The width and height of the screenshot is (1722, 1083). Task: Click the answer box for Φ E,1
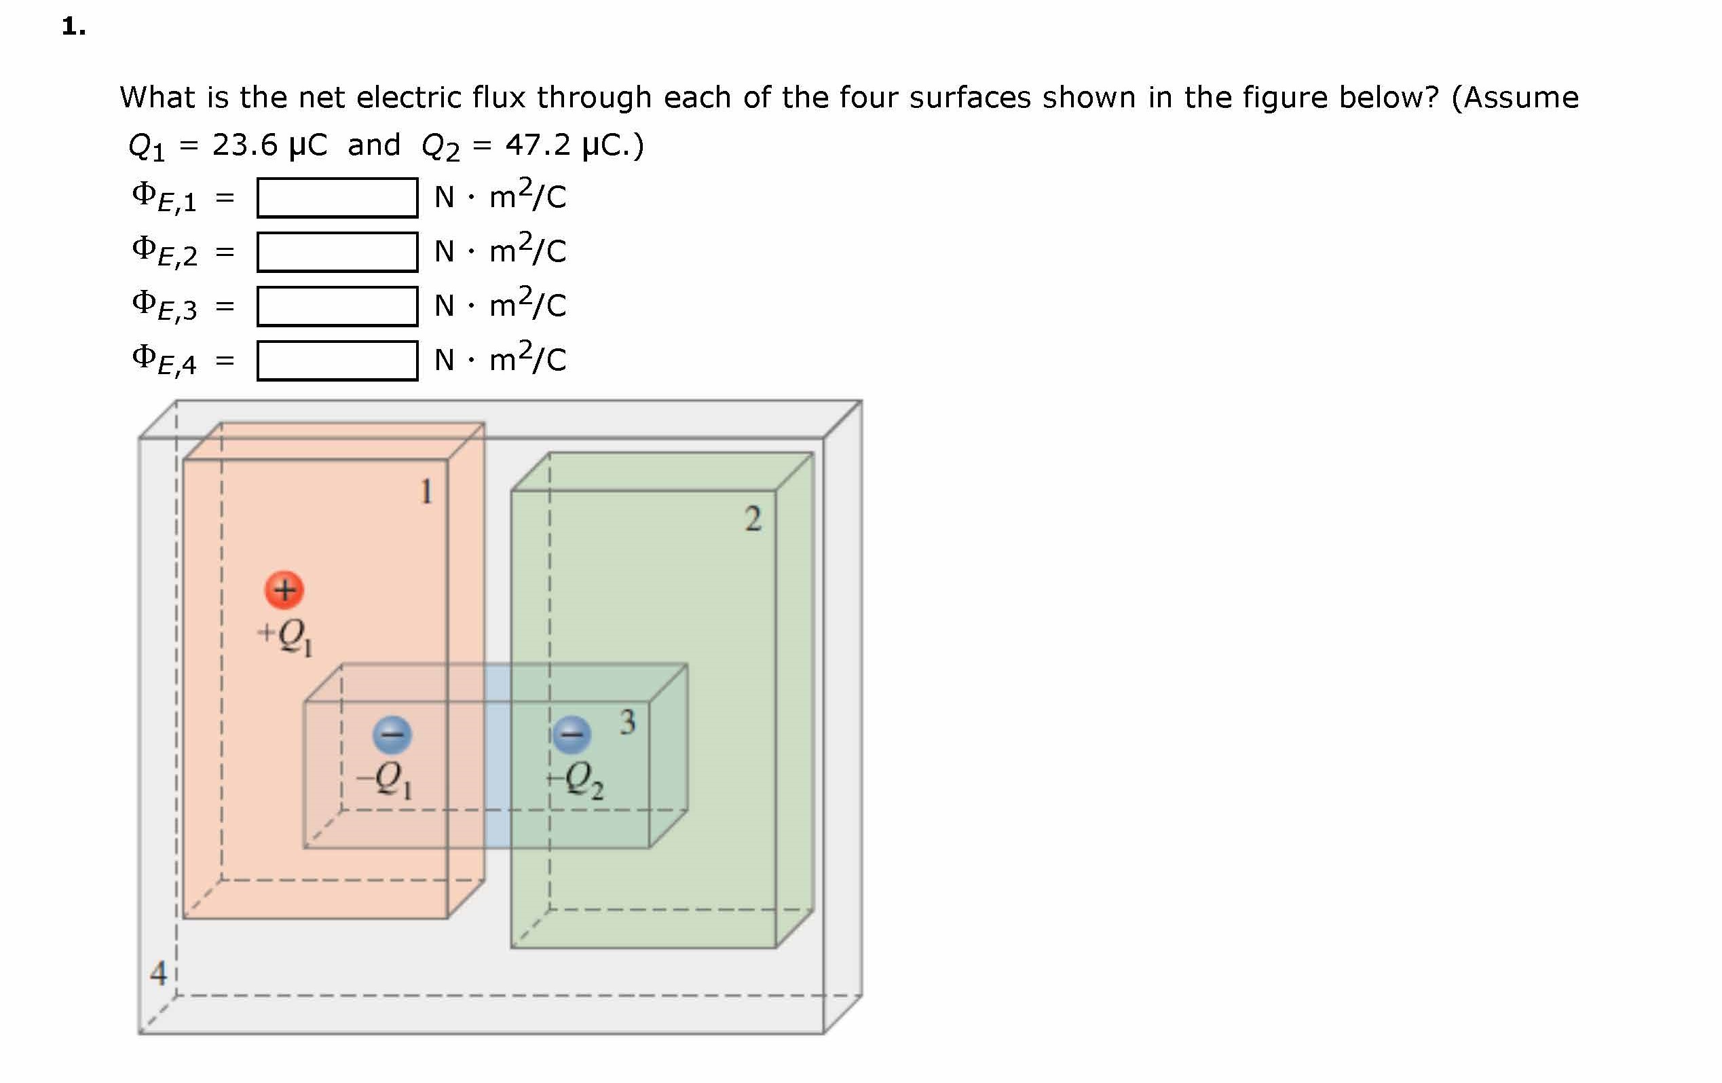pos(337,198)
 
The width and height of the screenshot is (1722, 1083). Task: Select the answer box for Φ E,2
pos(337,252)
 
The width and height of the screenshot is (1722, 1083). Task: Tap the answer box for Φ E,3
pos(337,306)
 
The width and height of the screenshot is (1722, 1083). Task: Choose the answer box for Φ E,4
pos(337,361)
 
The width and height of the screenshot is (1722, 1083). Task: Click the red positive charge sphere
pos(284,589)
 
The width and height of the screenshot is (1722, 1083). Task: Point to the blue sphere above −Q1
pos(392,735)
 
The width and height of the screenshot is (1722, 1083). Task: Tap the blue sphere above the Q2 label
pos(572,735)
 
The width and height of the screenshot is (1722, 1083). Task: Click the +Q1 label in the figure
pos(285,636)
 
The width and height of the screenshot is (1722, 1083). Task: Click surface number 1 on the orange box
pos(426,492)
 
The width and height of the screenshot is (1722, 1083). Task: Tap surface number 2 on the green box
pos(752,519)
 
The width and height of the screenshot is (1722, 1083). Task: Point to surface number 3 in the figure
pos(627,722)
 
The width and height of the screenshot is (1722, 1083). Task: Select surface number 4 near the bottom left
pos(158,973)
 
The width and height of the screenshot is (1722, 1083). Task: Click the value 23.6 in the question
pos(244,145)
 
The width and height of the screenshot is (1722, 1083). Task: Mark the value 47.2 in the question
pos(538,145)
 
